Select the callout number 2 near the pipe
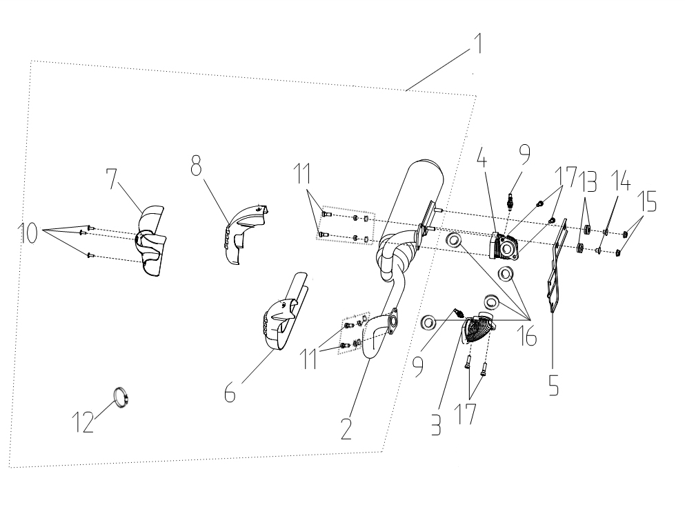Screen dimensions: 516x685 pyautogui.click(x=346, y=427)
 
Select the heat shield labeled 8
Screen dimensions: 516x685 pyautogui.click(x=241, y=231)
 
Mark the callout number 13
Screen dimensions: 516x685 pyautogui.click(x=588, y=186)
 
